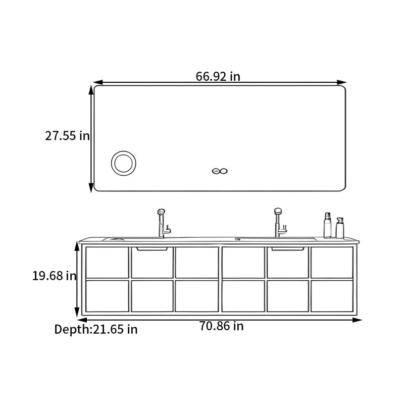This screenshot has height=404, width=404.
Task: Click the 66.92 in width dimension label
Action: pyautogui.click(x=218, y=76)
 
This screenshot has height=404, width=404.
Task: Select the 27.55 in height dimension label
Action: pyautogui.click(x=68, y=136)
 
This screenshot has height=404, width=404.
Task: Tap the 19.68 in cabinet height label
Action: pyautogui.click(x=55, y=276)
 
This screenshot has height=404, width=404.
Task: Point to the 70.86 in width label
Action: pyautogui.click(x=221, y=326)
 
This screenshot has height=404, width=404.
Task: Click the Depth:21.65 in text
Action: pyautogui.click(x=96, y=329)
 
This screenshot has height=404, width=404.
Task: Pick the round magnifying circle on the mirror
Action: pyautogui.click(x=124, y=163)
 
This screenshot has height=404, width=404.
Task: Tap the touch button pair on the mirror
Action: pyautogui.click(x=220, y=171)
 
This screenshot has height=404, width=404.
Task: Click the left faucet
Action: pyautogui.click(x=163, y=223)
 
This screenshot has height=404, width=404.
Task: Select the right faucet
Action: pyautogui.click(x=280, y=223)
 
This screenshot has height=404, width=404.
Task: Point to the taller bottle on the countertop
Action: pyautogui.click(x=327, y=225)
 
